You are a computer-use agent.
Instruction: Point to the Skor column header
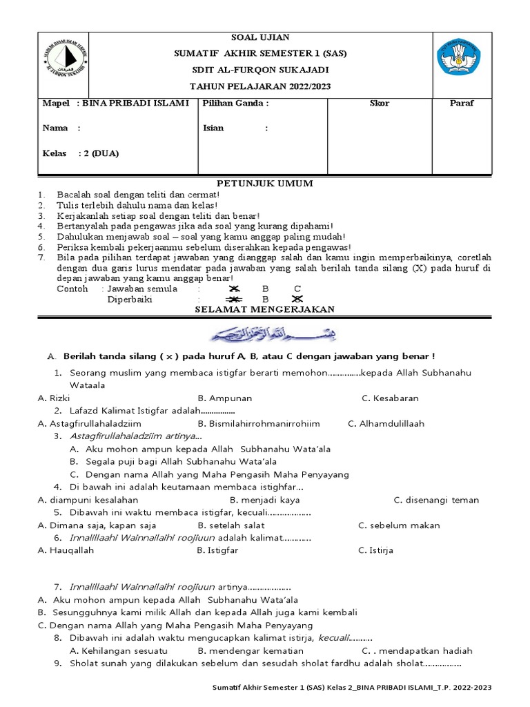click(x=380, y=104)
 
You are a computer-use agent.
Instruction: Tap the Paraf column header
click(x=462, y=104)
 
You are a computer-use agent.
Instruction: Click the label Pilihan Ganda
click(x=235, y=104)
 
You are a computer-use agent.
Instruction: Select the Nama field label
click(x=56, y=128)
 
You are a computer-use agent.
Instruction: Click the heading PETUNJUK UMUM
click(x=265, y=184)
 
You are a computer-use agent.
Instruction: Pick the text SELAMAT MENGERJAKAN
click(x=264, y=309)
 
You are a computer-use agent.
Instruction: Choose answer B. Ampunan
click(x=225, y=398)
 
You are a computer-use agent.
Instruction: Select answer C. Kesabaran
click(x=390, y=398)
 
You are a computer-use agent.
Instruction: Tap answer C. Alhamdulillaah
click(x=386, y=424)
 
